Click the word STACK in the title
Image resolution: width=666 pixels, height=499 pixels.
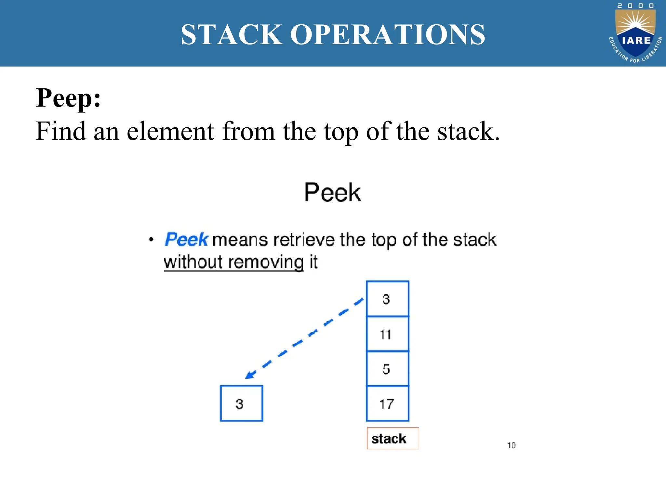(232, 34)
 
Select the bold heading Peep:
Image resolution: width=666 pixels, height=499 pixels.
(68, 98)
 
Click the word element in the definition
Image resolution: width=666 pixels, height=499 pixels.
(170, 131)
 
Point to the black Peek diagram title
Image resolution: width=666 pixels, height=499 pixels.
(332, 192)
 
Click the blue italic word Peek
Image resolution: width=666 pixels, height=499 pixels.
(186, 239)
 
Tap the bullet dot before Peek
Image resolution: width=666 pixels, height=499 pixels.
(151, 240)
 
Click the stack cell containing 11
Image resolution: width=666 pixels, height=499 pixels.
(387, 334)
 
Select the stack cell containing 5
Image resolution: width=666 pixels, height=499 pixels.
(387, 369)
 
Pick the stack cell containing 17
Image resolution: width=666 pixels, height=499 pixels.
(387, 403)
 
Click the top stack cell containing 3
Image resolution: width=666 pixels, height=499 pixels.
(387, 299)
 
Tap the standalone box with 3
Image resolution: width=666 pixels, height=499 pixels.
(241, 403)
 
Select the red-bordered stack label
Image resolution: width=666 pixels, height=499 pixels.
(392, 439)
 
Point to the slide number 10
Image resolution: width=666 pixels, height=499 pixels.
(511, 445)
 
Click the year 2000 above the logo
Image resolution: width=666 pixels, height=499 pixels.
(635, 6)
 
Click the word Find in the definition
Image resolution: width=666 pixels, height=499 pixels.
(60, 131)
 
